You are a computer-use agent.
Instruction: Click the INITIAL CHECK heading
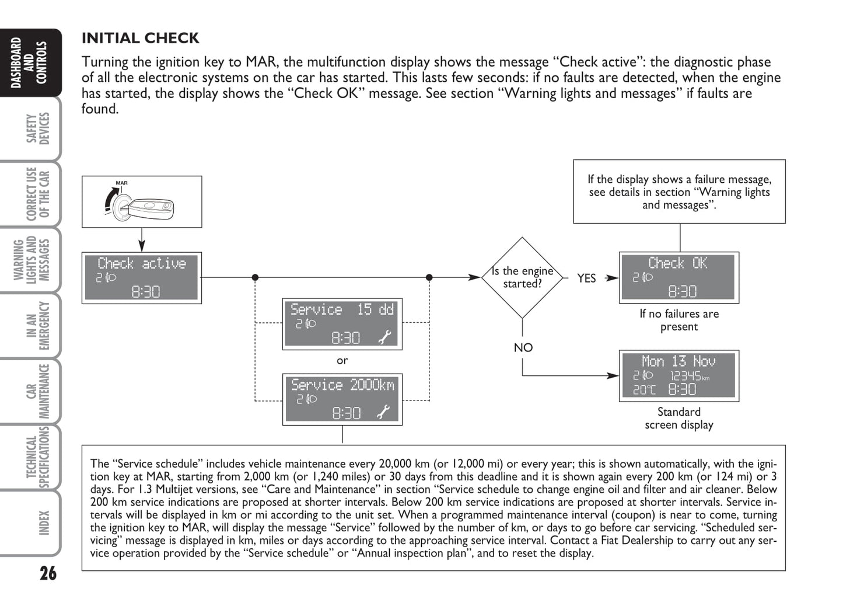point(140,38)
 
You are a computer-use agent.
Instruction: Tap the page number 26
point(48,573)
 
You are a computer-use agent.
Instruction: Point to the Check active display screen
point(142,277)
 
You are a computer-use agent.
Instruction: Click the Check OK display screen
point(678,277)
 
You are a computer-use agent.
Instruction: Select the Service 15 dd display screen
point(342,324)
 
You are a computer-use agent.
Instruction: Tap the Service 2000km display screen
point(342,399)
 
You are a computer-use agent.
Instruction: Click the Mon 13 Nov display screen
point(678,375)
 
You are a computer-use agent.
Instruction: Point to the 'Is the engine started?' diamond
point(522,277)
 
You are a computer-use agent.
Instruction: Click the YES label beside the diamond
point(586,278)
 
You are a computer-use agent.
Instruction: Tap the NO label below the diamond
point(523,347)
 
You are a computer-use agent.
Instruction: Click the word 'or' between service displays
point(342,361)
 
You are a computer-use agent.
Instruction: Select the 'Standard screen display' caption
point(678,418)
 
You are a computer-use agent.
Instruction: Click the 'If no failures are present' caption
point(678,320)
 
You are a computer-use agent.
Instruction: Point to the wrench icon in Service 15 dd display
point(384,337)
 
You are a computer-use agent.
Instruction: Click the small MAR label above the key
point(121,183)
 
